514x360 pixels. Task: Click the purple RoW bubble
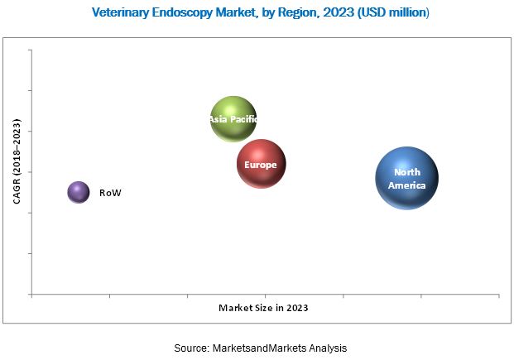coord(78,193)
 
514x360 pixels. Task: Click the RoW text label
coord(110,193)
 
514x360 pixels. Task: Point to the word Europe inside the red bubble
coord(261,165)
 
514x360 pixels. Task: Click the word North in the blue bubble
coord(407,172)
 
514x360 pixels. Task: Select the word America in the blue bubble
coord(407,185)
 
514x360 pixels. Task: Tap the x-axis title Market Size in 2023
coord(263,308)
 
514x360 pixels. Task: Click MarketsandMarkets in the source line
coord(263,348)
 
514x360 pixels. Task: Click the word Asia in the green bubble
coord(218,119)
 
